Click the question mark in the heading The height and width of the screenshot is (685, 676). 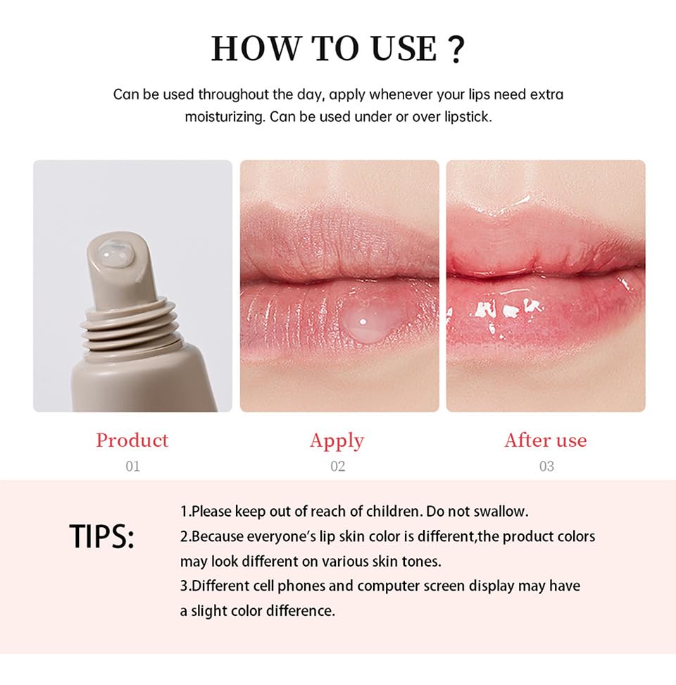point(456,49)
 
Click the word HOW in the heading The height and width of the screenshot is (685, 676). point(250,49)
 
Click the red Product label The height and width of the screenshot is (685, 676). point(132,440)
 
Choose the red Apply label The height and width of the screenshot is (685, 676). point(337,441)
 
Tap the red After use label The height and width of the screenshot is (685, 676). point(545,440)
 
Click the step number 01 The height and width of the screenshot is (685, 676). point(132,466)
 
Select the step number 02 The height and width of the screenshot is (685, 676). point(337,466)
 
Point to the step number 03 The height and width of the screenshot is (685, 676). point(546,466)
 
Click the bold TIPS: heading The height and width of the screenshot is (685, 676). point(102,537)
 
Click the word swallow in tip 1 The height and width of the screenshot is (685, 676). point(500,511)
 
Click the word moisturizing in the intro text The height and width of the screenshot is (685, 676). point(224,117)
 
